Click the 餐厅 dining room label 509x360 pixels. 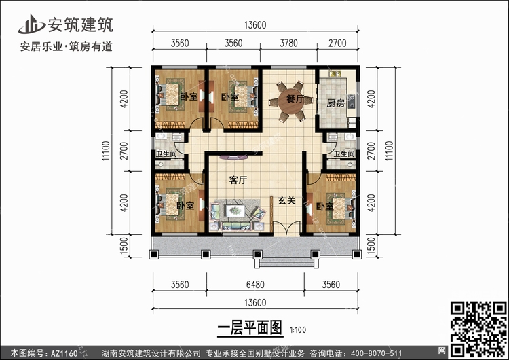[295, 98]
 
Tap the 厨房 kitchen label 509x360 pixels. [335, 103]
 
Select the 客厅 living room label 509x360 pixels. [238, 180]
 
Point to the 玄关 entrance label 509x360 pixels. [286, 201]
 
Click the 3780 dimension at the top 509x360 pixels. [288, 43]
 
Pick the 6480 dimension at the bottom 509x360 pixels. [255, 285]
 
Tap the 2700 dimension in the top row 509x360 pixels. [337, 43]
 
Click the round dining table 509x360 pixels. [290, 101]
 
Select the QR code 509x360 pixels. [478, 329]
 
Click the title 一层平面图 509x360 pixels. [250, 328]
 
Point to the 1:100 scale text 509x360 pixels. [298, 330]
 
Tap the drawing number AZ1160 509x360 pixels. [64, 353]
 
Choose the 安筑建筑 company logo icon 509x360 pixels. [31, 24]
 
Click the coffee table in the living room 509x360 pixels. [235, 211]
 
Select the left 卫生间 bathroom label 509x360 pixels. [166, 154]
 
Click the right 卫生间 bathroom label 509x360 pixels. [344, 154]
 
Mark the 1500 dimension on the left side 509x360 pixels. [124, 246]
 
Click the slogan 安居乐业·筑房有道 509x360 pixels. [67, 46]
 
